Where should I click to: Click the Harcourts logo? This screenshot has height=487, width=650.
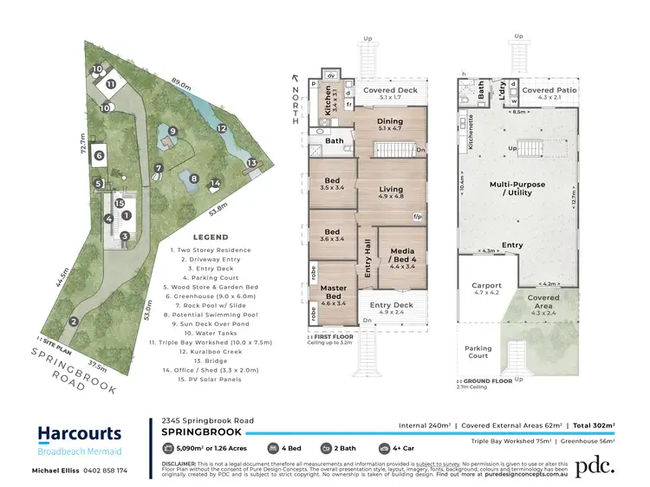[79, 433]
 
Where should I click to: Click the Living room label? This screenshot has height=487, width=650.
[391, 192]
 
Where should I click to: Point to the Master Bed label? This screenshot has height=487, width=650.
[334, 292]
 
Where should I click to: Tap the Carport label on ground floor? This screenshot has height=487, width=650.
[486, 289]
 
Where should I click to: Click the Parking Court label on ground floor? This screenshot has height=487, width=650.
[478, 351]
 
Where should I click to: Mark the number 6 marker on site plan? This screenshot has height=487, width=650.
[100, 155]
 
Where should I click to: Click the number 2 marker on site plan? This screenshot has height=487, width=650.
[75, 322]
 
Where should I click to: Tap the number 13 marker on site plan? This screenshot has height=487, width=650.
[252, 162]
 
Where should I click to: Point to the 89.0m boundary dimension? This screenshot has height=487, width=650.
[182, 84]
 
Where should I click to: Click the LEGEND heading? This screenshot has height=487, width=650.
[211, 237]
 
